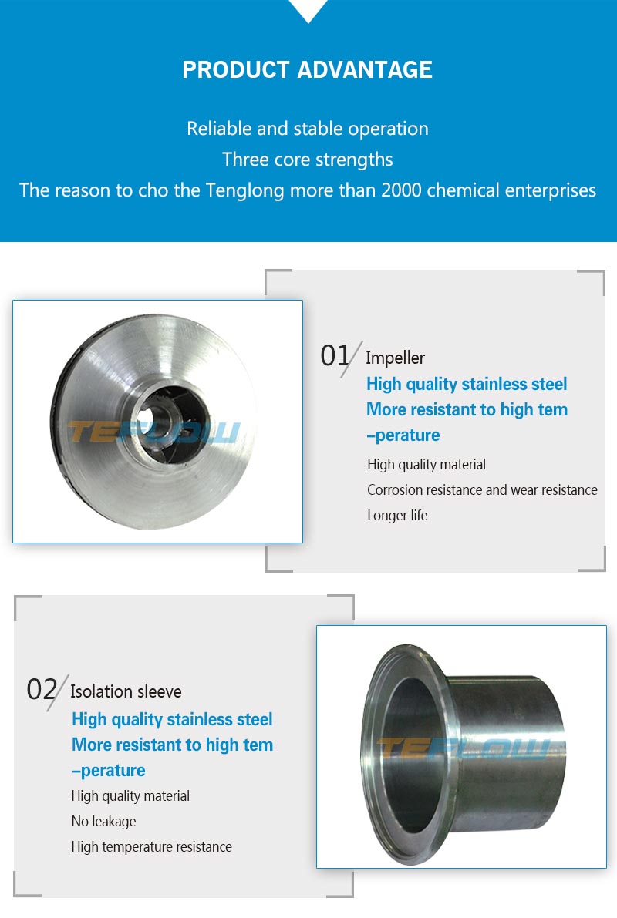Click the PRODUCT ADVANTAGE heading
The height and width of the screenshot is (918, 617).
pyautogui.click(x=308, y=69)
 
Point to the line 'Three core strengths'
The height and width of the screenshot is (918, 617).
pyautogui.click(x=308, y=160)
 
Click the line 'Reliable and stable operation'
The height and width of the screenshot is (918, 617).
pyautogui.click(x=308, y=129)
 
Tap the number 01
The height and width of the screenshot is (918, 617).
pyautogui.click(x=335, y=355)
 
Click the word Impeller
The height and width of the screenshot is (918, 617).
pyautogui.click(x=395, y=358)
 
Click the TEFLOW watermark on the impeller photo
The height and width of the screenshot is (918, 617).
pyautogui.click(x=154, y=432)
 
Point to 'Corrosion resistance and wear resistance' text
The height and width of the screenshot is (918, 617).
pyautogui.click(x=482, y=490)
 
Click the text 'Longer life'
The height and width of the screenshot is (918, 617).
pyautogui.click(x=397, y=515)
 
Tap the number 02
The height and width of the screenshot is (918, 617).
pyautogui.click(x=42, y=689)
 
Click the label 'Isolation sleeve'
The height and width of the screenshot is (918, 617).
pyautogui.click(x=126, y=691)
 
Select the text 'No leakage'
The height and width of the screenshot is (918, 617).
pyautogui.click(x=103, y=822)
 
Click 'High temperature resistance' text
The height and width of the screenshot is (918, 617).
pyautogui.click(x=152, y=846)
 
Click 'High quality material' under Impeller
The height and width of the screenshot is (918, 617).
pyautogui.click(x=427, y=465)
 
